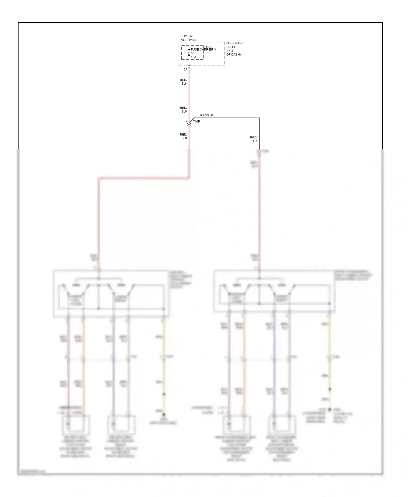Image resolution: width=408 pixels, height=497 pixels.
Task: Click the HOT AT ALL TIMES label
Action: click(x=188, y=38)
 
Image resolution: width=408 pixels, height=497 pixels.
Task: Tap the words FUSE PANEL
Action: click(x=236, y=43)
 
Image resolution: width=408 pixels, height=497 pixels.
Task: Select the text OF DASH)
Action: click(x=233, y=54)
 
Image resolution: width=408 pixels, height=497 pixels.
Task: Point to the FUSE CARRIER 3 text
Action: click(x=203, y=49)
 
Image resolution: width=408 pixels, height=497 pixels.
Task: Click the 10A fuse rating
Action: click(x=193, y=57)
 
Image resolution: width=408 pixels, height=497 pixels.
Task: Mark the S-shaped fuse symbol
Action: click(x=189, y=52)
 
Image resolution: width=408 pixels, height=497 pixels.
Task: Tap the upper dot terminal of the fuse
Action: click(x=189, y=49)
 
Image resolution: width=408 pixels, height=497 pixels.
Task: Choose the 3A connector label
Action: click(x=185, y=70)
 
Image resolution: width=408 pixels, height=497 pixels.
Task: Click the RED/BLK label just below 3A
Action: click(x=184, y=82)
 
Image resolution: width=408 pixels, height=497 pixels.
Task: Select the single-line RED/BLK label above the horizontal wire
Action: click(x=207, y=115)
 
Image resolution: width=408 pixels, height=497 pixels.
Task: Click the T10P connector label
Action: click(x=196, y=122)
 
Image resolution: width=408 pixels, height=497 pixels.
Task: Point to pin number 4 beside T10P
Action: click(x=187, y=122)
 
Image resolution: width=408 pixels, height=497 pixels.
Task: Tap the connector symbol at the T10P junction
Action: click(x=189, y=124)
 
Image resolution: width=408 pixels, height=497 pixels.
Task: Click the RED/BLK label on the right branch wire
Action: click(x=254, y=139)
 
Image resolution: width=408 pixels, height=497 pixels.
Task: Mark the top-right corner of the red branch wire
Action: click(x=259, y=118)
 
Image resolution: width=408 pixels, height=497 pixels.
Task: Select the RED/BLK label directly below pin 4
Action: click(x=184, y=136)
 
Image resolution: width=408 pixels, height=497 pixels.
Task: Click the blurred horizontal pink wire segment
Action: click(x=144, y=178)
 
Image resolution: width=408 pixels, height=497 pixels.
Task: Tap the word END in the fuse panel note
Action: click(x=230, y=51)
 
